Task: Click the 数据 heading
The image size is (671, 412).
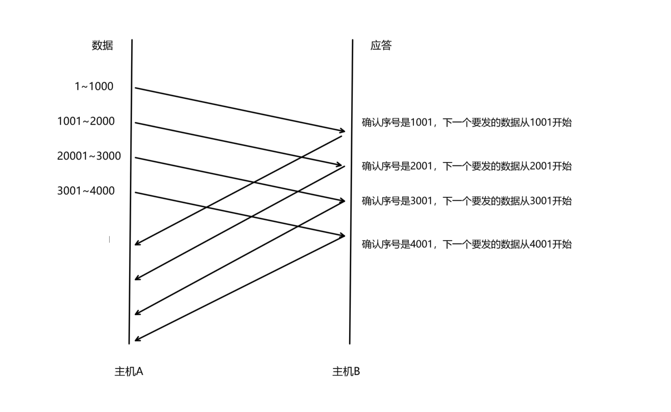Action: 102,45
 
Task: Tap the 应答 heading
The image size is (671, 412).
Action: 381,45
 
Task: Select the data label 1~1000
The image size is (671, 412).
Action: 94,87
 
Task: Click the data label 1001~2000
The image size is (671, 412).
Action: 86,121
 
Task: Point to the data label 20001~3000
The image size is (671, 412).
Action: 89,156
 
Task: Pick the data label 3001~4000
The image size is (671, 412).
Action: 86,191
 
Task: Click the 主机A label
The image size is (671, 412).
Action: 129,372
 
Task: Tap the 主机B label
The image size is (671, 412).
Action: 346,372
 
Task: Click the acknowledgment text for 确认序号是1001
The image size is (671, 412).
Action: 466,123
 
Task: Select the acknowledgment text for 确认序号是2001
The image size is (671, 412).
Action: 466,166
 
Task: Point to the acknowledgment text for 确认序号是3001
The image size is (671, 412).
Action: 466,201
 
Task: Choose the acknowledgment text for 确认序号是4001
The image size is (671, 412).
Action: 466,244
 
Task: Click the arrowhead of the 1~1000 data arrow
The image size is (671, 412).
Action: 343,131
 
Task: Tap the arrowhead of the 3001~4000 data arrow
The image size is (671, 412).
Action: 343,236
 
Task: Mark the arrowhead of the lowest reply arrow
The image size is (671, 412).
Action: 137,340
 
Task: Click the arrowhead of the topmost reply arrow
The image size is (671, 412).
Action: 137,244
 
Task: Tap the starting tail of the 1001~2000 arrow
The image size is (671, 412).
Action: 136,123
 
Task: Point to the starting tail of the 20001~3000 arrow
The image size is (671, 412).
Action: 136,158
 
